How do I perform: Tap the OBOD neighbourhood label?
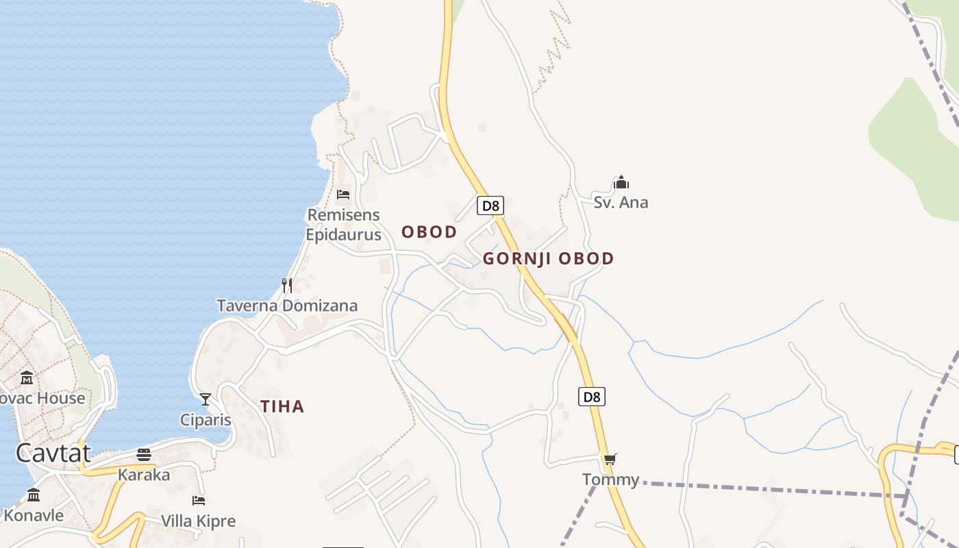[429, 232]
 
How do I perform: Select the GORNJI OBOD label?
[548, 259]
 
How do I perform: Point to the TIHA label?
[282, 407]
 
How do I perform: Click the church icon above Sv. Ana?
[621, 182]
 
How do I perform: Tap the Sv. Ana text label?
[621, 203]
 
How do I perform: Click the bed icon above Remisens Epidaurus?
[343, 195]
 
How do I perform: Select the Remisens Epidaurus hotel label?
[343, 225]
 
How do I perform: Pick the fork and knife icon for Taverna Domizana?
[287, 285]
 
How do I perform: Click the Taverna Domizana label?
[287, 306]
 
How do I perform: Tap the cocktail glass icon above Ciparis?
[206, 399]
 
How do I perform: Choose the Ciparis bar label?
[206, 419]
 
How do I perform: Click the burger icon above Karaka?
[144, 454]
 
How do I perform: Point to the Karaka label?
[144, 474]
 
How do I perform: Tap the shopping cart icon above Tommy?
[610, 459]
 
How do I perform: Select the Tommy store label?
[610, 480]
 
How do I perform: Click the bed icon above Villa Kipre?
[199, 501]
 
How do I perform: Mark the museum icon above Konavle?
[34, 495]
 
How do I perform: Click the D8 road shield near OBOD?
[490, 206]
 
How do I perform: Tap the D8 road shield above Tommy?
[592, 397]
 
